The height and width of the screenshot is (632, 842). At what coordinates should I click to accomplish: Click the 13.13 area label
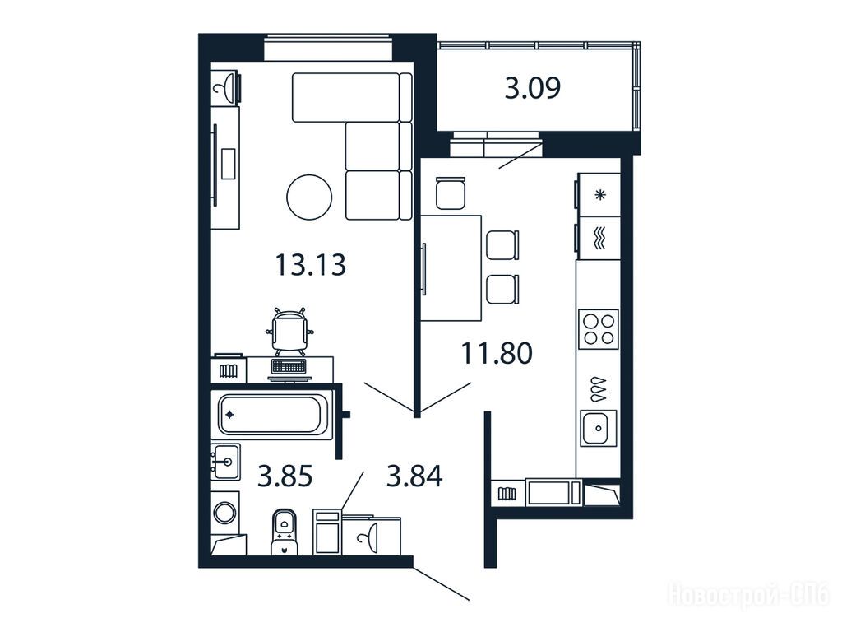310,265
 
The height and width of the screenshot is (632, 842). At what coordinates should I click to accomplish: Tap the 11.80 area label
497,353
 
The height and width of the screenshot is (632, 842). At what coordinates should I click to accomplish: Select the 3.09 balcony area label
533,87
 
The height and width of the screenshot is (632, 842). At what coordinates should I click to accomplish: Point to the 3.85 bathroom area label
285,476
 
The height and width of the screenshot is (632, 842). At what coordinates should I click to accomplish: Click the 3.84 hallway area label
414,476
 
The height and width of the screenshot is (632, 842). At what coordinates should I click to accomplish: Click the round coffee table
309,197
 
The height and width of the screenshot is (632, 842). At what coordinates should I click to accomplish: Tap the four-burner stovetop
599,329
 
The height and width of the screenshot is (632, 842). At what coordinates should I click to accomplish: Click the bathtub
273,415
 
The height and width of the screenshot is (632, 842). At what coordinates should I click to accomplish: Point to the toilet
284,532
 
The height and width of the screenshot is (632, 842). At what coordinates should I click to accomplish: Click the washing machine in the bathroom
225,512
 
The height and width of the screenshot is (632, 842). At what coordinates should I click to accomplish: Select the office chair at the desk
289,332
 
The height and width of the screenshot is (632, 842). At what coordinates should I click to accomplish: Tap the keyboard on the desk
289,366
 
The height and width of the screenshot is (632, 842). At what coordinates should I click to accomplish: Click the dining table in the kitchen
451,268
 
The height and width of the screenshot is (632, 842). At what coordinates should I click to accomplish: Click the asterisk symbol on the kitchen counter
600,195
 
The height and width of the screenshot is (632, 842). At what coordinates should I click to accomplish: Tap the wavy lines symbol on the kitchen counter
599,238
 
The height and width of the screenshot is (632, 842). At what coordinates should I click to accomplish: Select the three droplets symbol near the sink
599,388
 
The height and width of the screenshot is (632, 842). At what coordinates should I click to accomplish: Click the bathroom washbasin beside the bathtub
225,462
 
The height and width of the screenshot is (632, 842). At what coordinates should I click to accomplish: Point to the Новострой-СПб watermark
748,595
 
